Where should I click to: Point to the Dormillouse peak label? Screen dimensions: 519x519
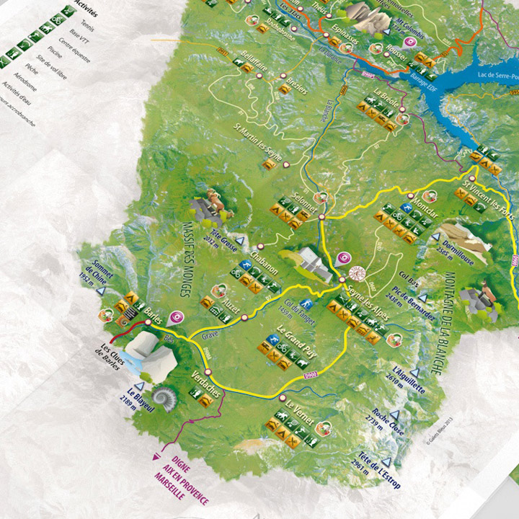pyautogui.click(x=455, y=249)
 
